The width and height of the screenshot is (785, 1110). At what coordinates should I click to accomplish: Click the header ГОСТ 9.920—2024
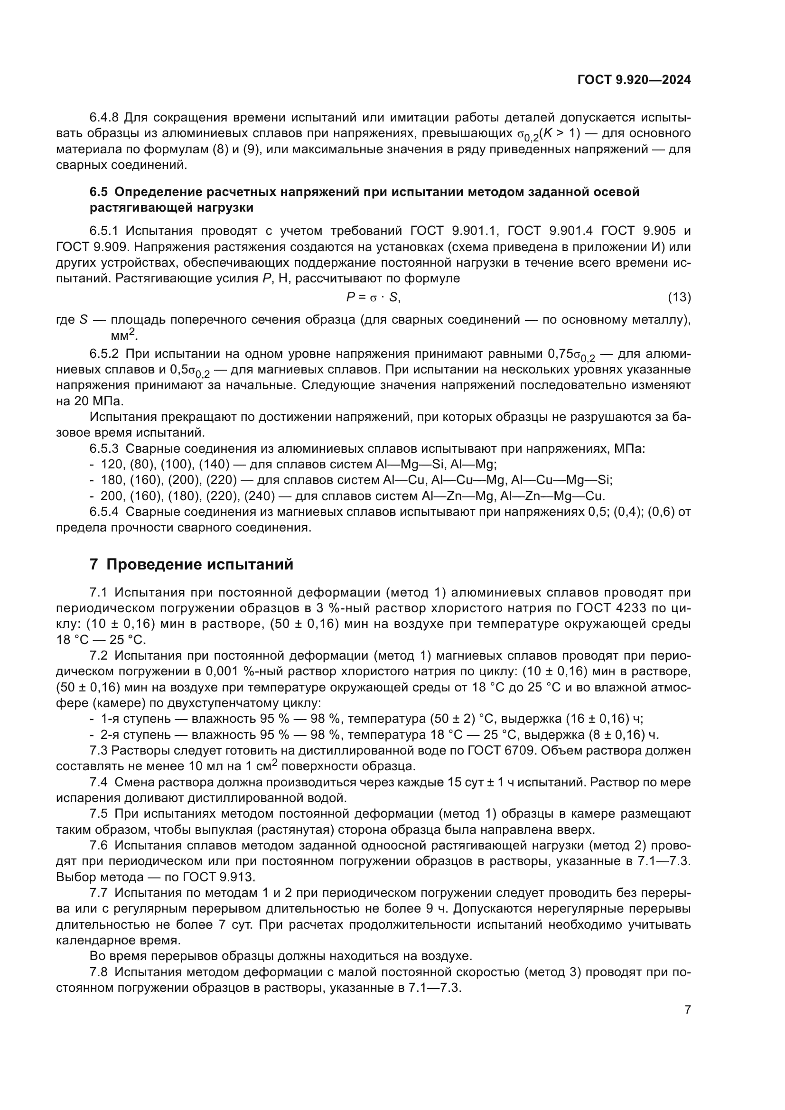(x=634, y=80)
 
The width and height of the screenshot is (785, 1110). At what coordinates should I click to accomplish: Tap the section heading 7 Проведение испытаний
(x=191, y=564)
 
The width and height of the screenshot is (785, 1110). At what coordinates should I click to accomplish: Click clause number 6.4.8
(x=104, y=118)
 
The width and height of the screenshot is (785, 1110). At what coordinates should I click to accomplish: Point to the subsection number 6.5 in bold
(x=99, y=192)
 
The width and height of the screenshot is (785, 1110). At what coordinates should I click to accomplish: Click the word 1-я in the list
(x=111, y=719)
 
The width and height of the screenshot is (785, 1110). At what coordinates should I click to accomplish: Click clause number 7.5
(x=100, y=814)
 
